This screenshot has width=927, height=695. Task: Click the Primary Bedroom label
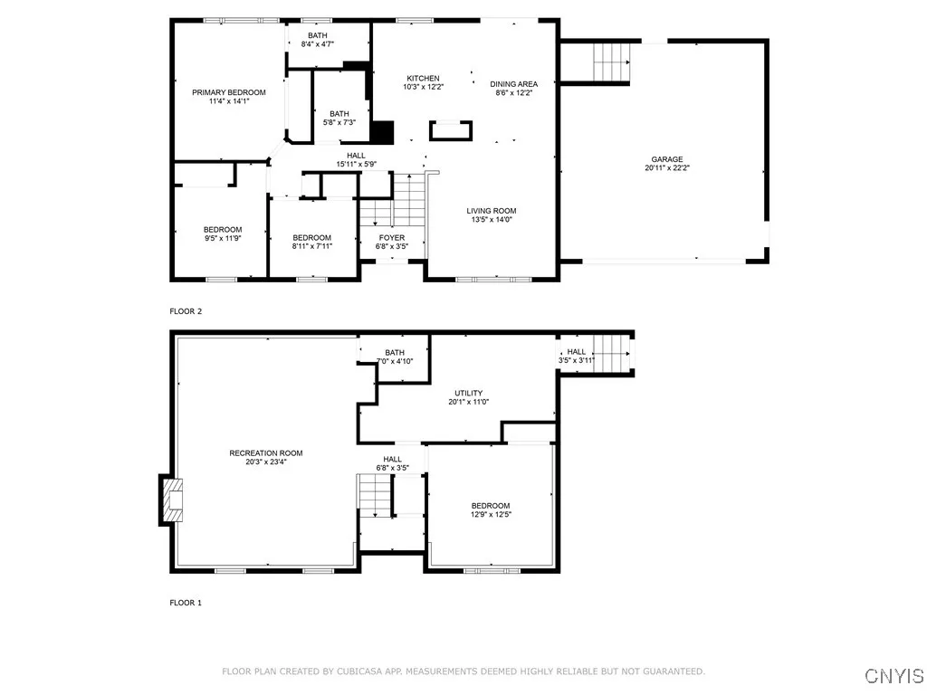click(x=228, y=92)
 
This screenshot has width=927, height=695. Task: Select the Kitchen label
click(x=423, y=79)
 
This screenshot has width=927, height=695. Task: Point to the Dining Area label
click(x=514, y=84)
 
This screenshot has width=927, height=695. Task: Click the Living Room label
click(x=491, y=211)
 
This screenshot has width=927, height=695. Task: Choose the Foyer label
click(x=392, y=238)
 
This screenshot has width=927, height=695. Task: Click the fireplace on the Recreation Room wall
click(x=169, y=500)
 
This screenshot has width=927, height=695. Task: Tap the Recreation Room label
click(x=265, y=453)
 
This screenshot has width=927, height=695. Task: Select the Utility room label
click(x=468, y=393)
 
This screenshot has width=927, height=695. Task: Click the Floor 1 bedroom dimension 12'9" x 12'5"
click(x=490, y=515)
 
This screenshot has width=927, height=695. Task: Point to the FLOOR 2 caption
click(x=186, y=311)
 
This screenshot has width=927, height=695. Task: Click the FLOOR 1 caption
click(x=186, y=602)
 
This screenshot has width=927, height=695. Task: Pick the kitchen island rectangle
click(x=450, y=130)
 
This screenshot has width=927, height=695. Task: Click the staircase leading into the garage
click(x=611, y=62)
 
